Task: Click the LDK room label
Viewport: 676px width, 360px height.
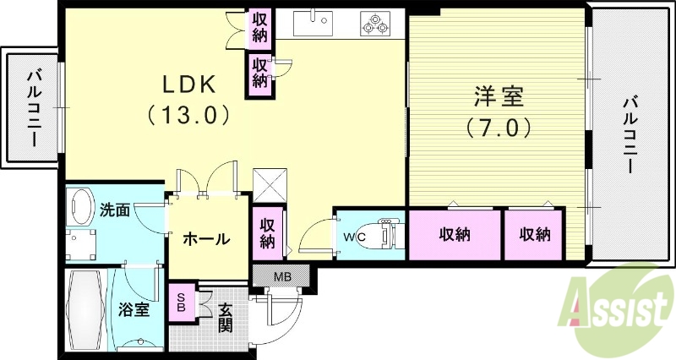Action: [189, 85]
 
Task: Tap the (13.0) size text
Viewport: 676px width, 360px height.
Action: [189, 113]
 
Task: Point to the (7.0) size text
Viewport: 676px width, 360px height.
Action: [499, 127]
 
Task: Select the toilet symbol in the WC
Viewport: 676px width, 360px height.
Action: [388, 234]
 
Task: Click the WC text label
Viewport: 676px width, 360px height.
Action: [353, 237]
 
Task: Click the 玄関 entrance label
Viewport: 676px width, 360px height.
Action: [226, 317]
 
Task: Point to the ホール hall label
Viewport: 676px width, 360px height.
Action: [207, 239]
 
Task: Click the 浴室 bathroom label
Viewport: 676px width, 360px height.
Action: [134, 309]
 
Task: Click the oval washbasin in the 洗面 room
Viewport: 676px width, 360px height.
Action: [82, 206]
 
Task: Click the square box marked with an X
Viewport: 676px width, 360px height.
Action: [271, 183]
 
